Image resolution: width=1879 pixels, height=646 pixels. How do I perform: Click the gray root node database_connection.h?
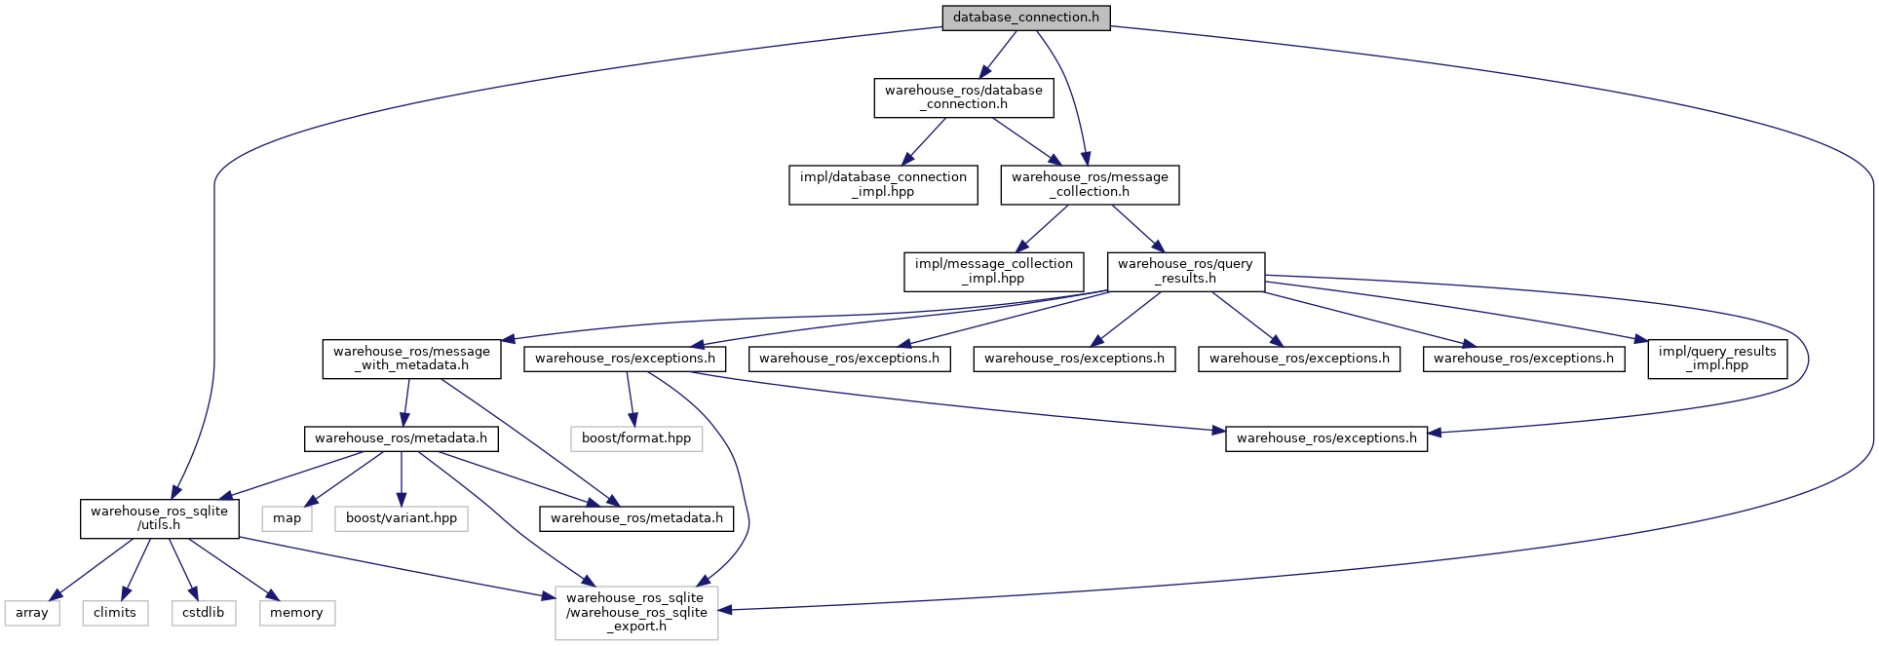point(1025,18)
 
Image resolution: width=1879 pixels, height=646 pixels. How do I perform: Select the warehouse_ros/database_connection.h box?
point(963,97)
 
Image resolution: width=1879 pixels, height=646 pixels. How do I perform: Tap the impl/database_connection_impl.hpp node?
point(882,184)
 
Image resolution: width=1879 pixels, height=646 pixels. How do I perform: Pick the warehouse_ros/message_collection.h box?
point(1089,184)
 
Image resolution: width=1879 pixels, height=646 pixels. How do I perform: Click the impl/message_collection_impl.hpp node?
point(993,271)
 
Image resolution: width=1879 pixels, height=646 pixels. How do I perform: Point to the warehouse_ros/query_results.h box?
point(1185,271)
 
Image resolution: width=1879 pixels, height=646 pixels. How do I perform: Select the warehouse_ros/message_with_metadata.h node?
point(411,359)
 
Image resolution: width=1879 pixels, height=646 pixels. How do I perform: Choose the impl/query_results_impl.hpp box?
point(1716,359)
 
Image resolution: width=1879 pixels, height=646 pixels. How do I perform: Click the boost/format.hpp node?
point(635,438)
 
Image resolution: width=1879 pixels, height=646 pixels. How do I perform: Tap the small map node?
point(287,518)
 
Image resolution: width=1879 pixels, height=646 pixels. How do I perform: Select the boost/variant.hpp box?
point(401,518)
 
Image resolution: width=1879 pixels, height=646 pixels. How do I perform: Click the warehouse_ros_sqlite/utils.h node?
point(159,518)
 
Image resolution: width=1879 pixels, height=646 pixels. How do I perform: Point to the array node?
point(31,613)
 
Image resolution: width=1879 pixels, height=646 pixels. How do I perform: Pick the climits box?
point(115,613)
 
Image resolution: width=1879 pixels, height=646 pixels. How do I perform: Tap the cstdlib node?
point(203,613)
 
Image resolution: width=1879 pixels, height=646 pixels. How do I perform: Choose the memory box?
point(296,613)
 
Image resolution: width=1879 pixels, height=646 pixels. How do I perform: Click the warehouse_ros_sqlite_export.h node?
point(635,612)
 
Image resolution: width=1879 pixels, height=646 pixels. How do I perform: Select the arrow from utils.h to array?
point(93,568)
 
